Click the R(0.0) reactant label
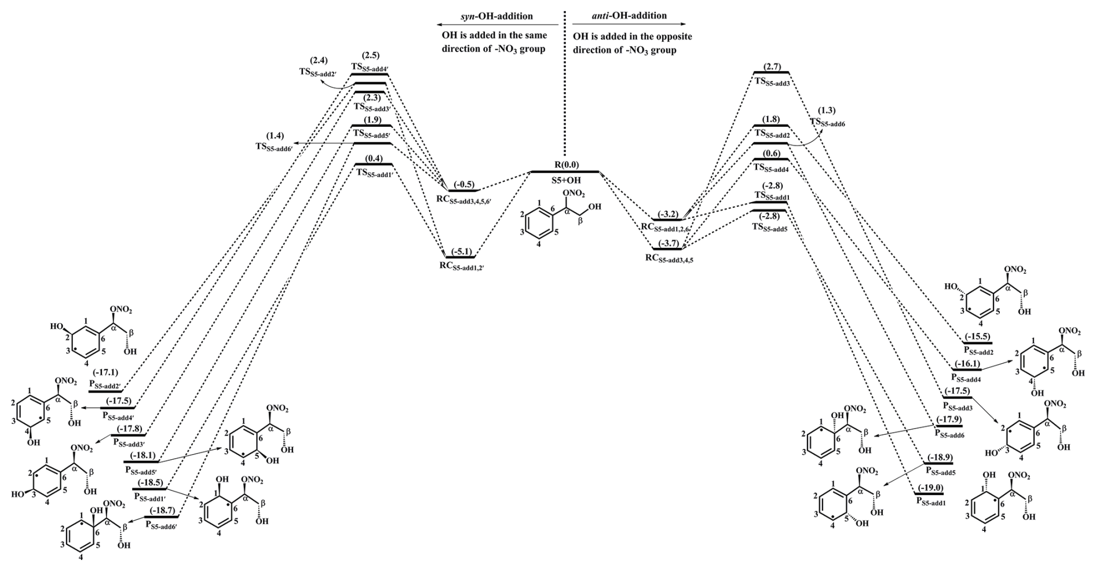[562, 164]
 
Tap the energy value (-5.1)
[461, 251]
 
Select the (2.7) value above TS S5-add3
[773, 67]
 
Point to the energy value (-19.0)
[930, 488]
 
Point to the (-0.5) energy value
[464, 184]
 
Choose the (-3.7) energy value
[669, 243]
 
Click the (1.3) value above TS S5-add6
[827, 110]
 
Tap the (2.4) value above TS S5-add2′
[319, 60]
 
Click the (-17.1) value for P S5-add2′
[105, 371]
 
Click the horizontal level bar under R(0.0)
[565, 172]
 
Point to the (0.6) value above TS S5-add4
[771, 153]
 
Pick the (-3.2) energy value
[669, 214]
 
